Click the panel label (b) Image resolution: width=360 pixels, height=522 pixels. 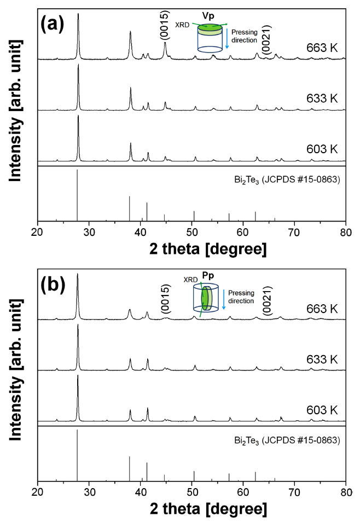(58, 285)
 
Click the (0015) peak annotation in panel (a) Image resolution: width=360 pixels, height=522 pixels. (165, 25)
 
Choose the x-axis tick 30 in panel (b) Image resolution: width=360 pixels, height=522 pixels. (89, 491)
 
